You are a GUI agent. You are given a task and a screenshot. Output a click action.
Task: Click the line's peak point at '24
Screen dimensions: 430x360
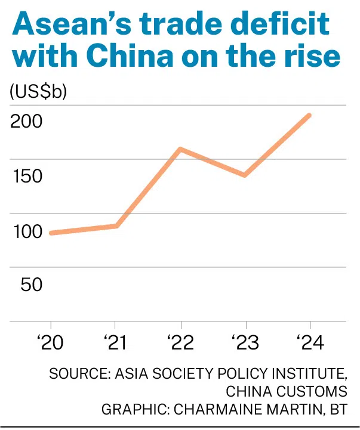click(x=309, y=115)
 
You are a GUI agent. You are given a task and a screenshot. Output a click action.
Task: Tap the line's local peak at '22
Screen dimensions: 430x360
click(x=180, y=149)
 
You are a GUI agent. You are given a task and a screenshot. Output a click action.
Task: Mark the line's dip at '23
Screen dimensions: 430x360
click(x=245, y=175)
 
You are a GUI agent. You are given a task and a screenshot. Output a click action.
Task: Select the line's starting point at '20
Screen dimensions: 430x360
click(x=51, y=233)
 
